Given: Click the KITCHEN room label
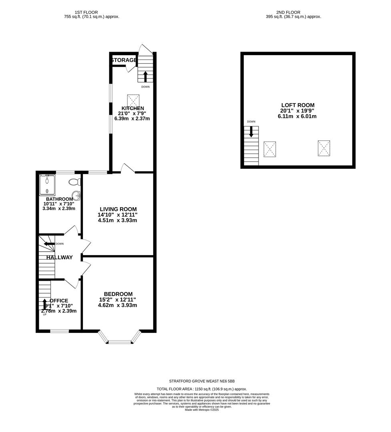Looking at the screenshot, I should click(133, 108).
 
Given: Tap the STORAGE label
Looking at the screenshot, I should click(124, 60).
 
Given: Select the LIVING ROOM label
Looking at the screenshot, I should click(118, 209).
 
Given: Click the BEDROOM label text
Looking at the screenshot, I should click(118, 294).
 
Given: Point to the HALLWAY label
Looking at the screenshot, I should click(59, 258).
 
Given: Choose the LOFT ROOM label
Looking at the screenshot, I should click(298, 105).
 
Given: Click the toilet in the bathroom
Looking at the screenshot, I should click(74, 182).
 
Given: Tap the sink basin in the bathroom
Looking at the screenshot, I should click(77, 196).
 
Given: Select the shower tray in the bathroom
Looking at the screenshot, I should click(48, 184).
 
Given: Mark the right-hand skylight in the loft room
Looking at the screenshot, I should click(324, 148).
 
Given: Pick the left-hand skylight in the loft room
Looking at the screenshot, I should click(270, 149).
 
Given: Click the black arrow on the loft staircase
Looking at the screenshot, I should click(251, 132).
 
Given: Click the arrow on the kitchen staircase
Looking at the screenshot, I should click(145, 76).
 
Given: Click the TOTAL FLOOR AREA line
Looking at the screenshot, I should click(202, 389).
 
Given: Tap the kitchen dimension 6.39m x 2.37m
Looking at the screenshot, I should click(133, 118).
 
